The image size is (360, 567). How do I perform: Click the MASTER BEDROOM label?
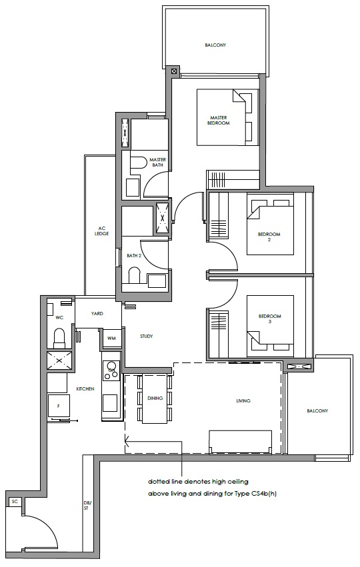[x=218, y=121]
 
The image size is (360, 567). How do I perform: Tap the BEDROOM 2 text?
[x=269, y=237]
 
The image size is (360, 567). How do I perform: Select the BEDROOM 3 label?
[x=269, y=318]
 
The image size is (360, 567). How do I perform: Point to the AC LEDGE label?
[x=101, y=231]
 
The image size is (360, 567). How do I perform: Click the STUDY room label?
[x=146, y=336]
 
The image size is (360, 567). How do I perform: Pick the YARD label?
[x=97, y=314]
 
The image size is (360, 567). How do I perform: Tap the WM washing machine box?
[x=111, y=338]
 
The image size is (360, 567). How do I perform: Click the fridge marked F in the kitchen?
[x=58, y=406]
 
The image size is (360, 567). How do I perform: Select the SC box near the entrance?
[x=15, y=502]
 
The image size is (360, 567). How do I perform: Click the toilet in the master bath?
[x=135, y=163]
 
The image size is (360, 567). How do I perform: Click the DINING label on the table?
[x=155, y=398]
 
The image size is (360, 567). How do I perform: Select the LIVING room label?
[x=243, y=400]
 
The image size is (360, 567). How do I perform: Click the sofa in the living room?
[x=240, y=442]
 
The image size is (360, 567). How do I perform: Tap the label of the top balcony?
[x=215, y=45]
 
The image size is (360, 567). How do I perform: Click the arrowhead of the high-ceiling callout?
[x=127, y=441]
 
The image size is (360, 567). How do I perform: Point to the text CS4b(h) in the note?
[x=263, y=494]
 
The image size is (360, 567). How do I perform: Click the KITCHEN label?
[x=85, y=388]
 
